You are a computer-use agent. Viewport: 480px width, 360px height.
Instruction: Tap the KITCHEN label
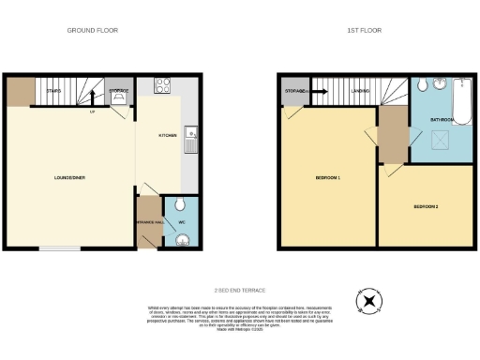coord(168,135)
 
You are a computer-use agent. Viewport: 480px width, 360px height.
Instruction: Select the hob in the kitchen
coord(161,84)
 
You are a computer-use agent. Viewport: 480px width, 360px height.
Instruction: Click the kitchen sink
coord(189,139)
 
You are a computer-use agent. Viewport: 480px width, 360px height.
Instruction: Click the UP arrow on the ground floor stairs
coord(92,111)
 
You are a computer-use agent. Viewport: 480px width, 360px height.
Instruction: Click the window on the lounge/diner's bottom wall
coord(66,249)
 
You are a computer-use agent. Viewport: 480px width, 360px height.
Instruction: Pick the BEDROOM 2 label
coord(427,206)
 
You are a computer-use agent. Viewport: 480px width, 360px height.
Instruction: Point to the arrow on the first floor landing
coord(319,92)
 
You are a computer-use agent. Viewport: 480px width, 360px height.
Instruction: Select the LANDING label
coord(359,91)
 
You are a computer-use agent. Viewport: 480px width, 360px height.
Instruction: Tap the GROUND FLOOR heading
coord(92,31)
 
